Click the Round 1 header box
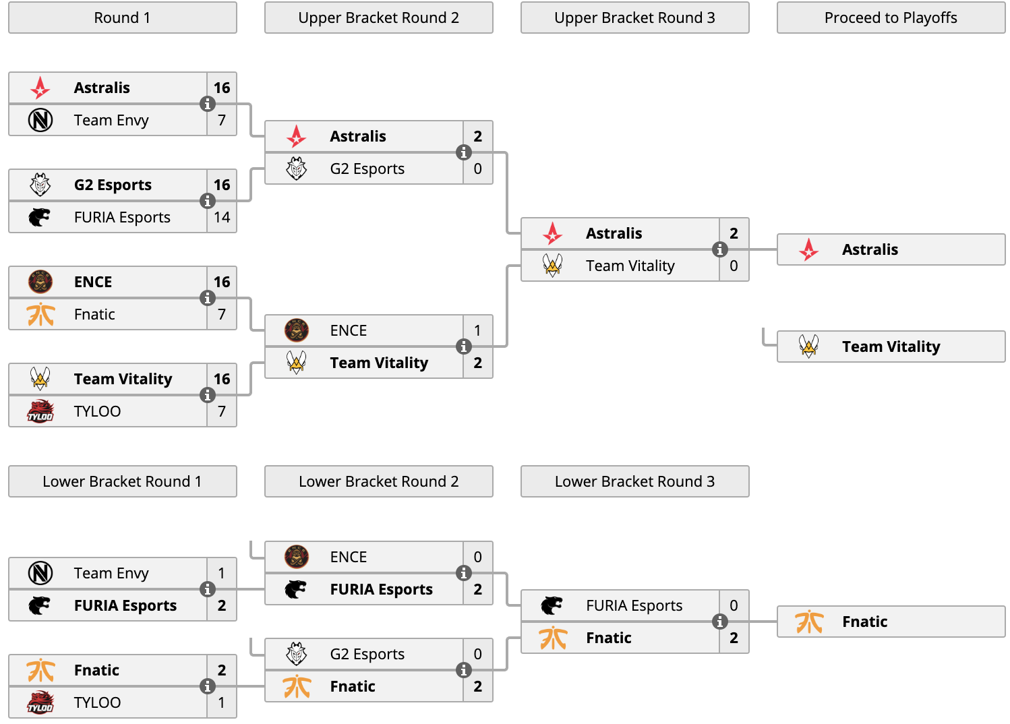tap(123, 18)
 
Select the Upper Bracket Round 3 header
tap(635, 18)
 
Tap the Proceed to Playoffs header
tap(891, 18)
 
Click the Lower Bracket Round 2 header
tap(379, 481)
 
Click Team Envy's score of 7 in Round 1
tap(221, 120)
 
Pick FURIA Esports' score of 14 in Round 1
tap(222, 217)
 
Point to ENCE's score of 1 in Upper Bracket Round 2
tap(477, 330)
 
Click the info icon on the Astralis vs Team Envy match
tap(208, 104)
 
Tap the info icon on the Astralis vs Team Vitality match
tap(719, 249)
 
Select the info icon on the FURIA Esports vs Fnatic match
tap(719, 622)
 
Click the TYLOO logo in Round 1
tap(40, 411)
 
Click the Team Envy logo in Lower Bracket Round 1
tap(40, 573)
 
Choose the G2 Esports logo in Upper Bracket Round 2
tap(296, 169)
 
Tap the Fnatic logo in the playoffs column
tap(809, 622)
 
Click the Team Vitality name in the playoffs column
tap(891, 346)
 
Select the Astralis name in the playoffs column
tap(870, 249)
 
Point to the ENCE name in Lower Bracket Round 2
tap(348, 557)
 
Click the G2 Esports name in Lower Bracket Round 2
tap(367, 654)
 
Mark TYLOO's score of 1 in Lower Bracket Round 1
tap(221, 702)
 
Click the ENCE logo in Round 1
tap(40, 282)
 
